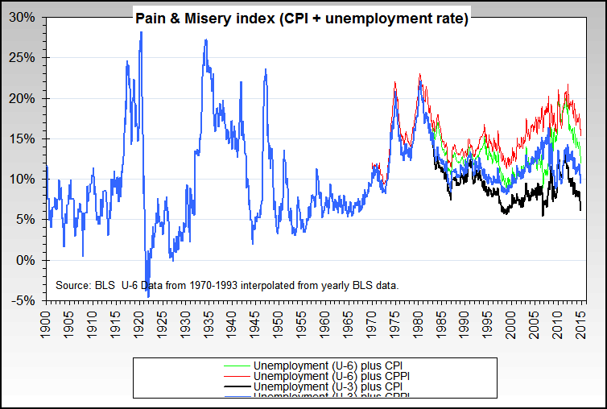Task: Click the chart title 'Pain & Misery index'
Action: tap(301, 18)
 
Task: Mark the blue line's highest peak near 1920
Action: tap(141, 32)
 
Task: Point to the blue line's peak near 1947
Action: tap(266, 70)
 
